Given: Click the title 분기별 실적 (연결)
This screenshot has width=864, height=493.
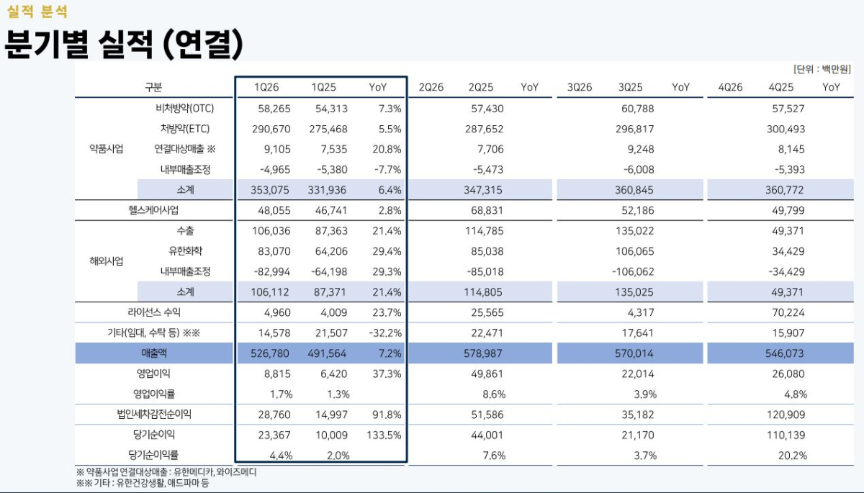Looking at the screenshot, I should click(122, 45).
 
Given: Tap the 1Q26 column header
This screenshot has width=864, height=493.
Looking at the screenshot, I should click(266, 87).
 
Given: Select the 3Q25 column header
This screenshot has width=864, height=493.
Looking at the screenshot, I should click(630, 87).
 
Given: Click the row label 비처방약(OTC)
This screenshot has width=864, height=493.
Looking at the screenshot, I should click(185, 109).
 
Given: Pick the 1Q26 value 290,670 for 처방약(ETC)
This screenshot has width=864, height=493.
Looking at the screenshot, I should click(273, 130).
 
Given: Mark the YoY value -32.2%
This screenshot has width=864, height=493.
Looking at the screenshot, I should click(385, 333).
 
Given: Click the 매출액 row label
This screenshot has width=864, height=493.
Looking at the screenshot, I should click(154, 353).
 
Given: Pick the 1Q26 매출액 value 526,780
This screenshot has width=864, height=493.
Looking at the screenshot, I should click(273, 353).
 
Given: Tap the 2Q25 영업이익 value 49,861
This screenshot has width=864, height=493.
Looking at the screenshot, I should click(486, 374).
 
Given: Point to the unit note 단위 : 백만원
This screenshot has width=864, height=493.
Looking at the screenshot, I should click(822, 69).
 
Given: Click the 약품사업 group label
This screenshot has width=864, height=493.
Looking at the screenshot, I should click(106, 150).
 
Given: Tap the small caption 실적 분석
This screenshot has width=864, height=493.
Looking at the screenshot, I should click(37, 12).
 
